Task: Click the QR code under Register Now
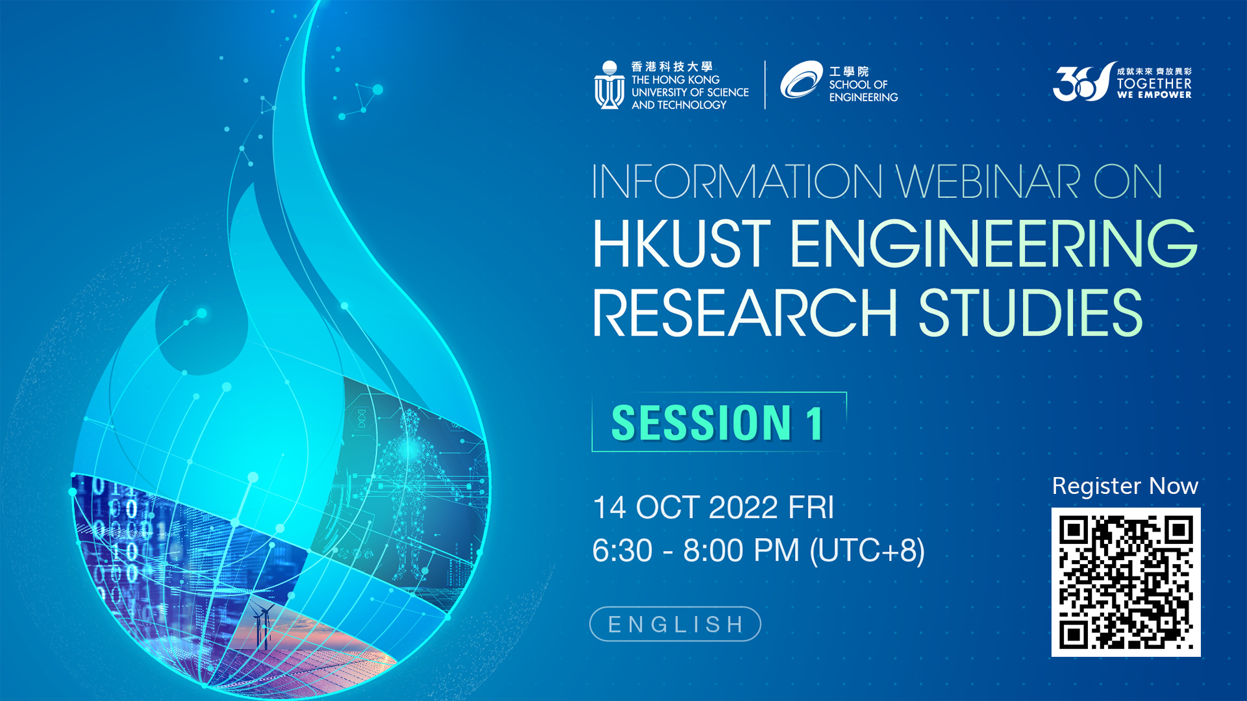click(1126, 582)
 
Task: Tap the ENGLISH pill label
click(675, 624)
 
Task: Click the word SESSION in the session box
click(701, 423)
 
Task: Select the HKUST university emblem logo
click(609, 85)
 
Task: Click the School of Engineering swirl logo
click(801, 80)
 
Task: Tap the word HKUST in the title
click(681, 243)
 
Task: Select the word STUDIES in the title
click(1030, 313)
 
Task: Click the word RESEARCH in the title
click(745, 313)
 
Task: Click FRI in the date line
click(811, 507)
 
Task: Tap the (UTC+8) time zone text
click(867, 550)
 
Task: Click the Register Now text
click(1125, 486)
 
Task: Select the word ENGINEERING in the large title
click(994, 243)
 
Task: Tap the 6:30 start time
click(622, 550)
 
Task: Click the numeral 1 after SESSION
click(815, 423)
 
